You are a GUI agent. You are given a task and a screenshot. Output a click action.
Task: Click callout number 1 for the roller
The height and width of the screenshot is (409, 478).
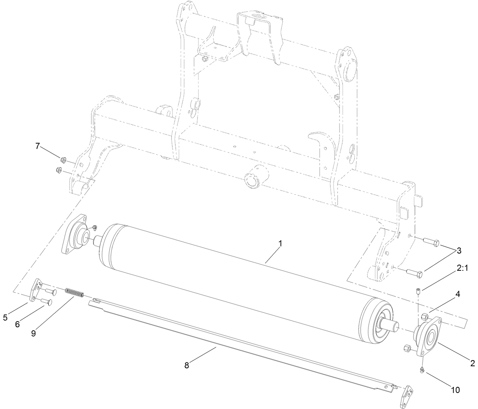pos(280,243)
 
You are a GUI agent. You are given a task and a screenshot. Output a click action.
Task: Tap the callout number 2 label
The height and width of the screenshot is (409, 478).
pos(473,363)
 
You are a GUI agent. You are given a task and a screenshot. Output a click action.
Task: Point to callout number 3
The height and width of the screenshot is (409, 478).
pos(459,251)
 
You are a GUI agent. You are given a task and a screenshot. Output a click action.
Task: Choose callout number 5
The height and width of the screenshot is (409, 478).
pos(18,324)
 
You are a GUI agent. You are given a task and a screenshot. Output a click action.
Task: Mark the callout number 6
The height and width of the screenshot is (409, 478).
pos(37,146)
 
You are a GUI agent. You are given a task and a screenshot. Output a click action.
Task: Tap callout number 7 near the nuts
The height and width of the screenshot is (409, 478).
pos(187,365)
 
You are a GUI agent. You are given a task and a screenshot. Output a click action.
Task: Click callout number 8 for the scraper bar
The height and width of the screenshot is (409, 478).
pos(33,333)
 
